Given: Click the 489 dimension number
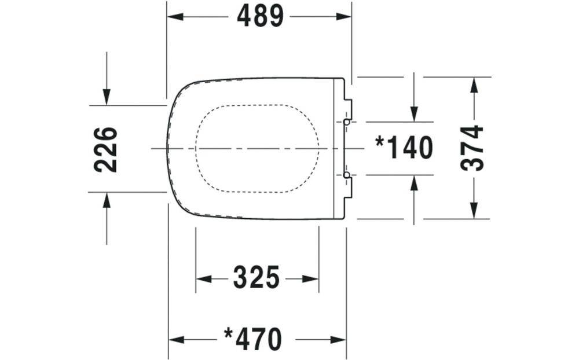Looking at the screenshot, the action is click(x=260, y=16).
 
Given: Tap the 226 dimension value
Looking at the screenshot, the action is click(x=105, y=149).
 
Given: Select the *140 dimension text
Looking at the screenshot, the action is click(x=404, y=148).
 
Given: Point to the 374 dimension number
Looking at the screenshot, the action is click(x=472, y=148).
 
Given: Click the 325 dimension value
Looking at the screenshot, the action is click(x=256, y=278).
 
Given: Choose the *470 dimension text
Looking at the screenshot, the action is click(x=254, y=339).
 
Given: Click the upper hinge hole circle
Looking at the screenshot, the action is click(x=346, y=122).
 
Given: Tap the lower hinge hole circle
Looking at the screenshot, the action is click(x=346, y=175).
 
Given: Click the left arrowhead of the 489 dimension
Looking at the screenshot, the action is click(x=175, y=17).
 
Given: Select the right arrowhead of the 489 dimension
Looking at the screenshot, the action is click(x=343, y=17).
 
